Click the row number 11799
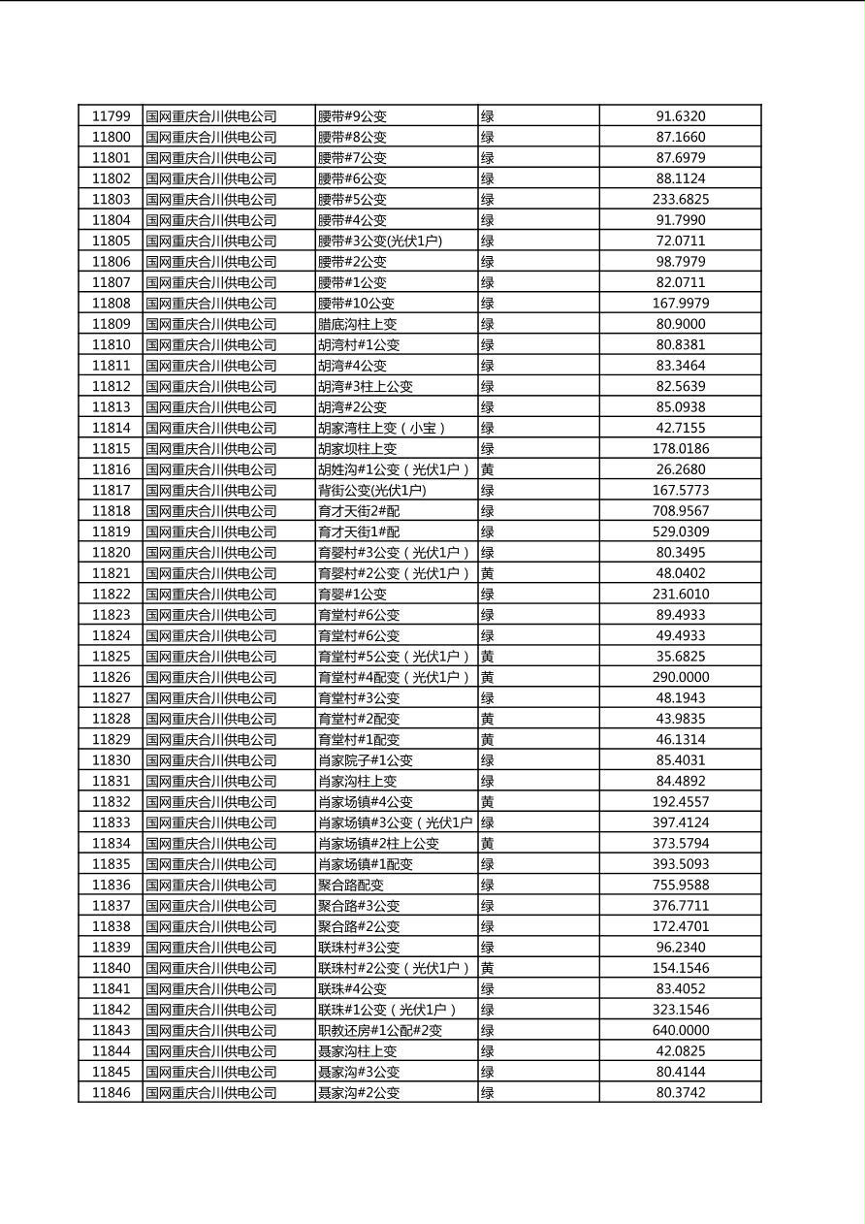click(111, 116)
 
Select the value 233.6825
click(681, 200)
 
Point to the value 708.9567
click(681, 511)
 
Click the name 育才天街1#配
click(358, 531)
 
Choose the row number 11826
click(111, 677)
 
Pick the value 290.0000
click(681, 677)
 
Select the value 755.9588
click(681, 885)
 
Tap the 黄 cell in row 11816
click(488, 469)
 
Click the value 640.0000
click(681, 1030)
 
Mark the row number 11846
click(111, 1093)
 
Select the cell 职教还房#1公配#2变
click(380, 1030)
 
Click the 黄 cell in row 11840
click(488, 968)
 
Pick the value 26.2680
click(681, 469)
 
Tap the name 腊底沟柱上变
click(358, 324)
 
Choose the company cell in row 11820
click(211, 553)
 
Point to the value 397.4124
click(681, 822)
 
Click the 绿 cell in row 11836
click(488, 885)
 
